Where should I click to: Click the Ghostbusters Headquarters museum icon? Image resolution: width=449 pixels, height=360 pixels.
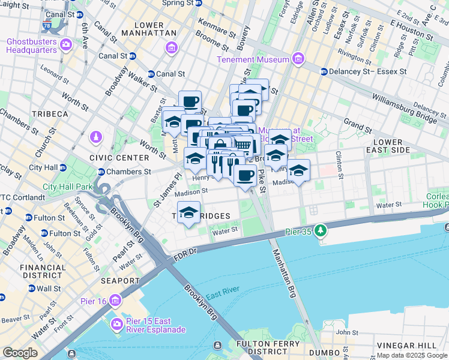tap(65, 44)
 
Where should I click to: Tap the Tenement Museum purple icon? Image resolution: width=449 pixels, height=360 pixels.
tap(297, 59)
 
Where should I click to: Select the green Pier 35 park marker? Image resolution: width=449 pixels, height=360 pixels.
tap(321, 230)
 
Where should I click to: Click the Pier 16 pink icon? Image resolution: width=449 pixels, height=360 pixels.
tap(115, 300)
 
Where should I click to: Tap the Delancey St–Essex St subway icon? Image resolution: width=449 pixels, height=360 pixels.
tap(324, 71)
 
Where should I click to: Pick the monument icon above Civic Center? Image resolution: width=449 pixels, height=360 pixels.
tap(95, 137)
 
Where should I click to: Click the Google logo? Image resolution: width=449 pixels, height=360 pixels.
tap(20, 352)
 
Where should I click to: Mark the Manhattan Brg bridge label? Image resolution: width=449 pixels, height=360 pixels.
tap(285, 277)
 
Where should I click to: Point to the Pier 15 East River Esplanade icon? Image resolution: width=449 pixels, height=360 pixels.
tap(118, 325)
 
